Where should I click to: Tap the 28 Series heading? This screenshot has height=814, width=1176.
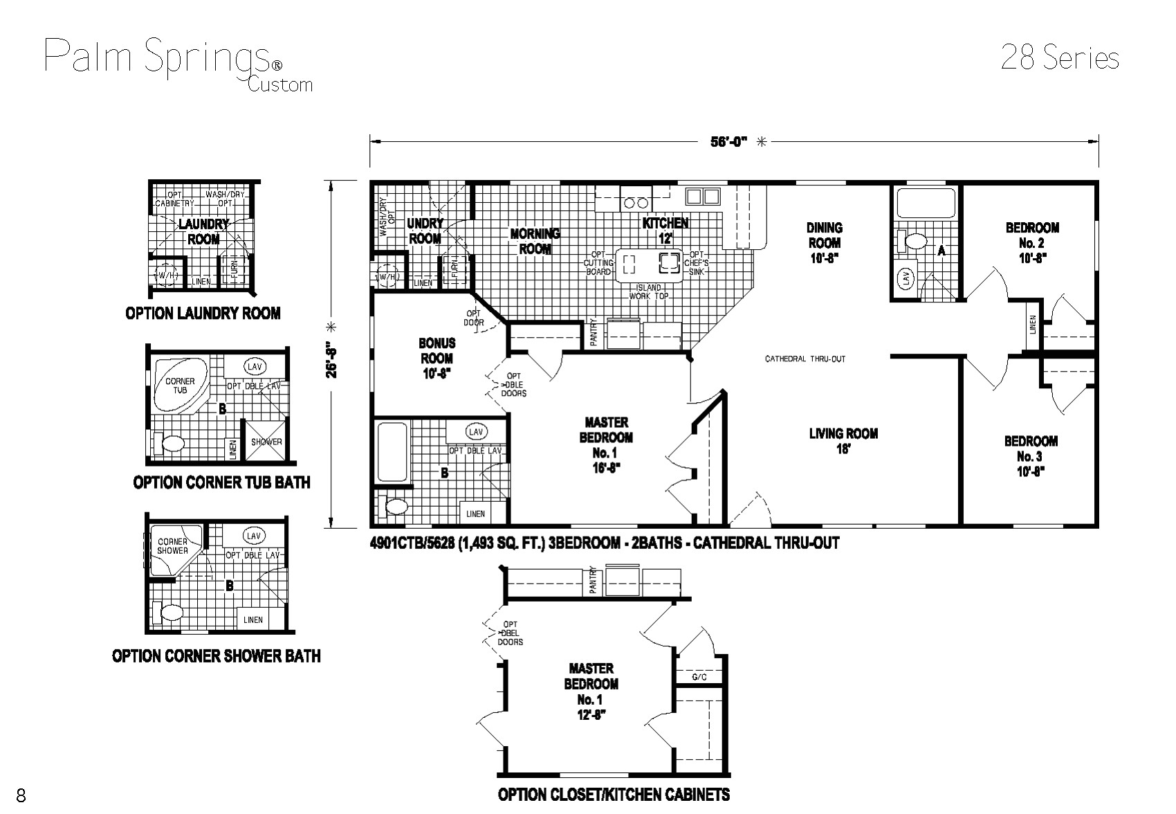click(x=1059, y=58)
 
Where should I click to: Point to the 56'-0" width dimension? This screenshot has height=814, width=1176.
click(x=728, y=142)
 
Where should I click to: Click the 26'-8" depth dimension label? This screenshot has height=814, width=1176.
click(x=333, y=358)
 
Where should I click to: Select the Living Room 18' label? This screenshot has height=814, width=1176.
click(x=843, y=441)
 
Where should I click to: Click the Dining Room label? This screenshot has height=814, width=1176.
click(x=824, y=242)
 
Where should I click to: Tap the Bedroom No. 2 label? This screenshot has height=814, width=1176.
click(x=1031, y=242)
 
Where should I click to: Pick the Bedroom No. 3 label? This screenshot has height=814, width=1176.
click(x=1030, y=455)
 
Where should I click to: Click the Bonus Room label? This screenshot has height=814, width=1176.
click(x=437, y=358)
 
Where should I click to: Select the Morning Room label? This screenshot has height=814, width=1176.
click(x=535, y=241)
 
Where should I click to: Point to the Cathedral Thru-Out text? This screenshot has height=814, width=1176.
click(x=805, y=359)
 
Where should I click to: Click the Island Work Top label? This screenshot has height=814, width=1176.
click(x=648, y=291)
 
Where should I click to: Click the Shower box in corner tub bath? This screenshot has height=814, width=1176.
click(x=266, y=442)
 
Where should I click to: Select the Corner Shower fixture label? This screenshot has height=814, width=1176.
click(x=173, y=546)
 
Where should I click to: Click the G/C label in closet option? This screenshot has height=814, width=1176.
click(x=699, y=676)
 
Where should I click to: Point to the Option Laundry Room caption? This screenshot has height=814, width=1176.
click(x=203, y=314)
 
